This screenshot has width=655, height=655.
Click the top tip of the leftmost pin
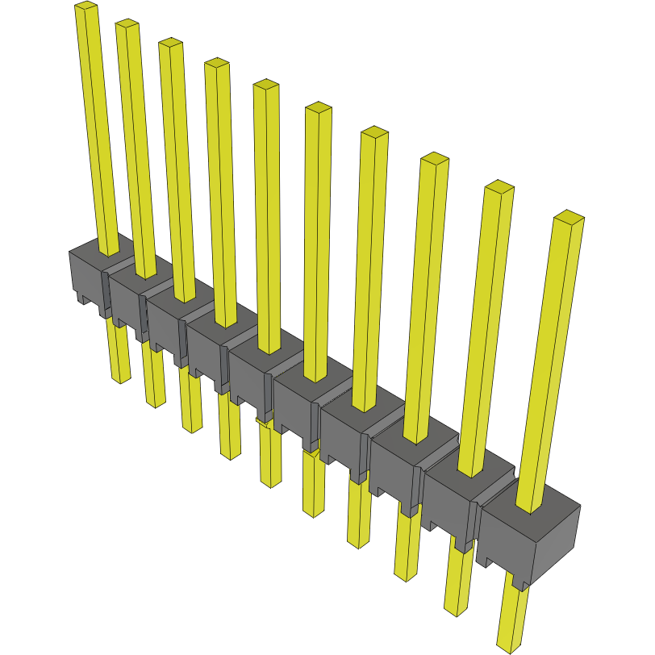pyautogui.click(x=86, y=6)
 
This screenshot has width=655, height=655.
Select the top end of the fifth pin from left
pyautogui.click(x=266, y=85)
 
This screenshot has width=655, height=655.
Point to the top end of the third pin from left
pyautogui.click(x=169, y=42)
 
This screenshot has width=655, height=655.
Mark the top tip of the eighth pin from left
pyautogui.click(x=435, y=158)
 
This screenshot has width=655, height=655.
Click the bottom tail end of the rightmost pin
pyautogui.click(x=510, y=645)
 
